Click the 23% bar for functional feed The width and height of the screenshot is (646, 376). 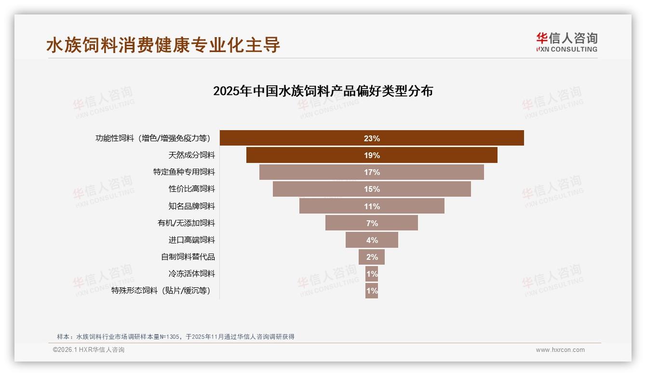pyautogui.click(x=372, y=138)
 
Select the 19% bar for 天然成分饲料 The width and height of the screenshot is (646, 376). pyautogui.click(x=372, y=155)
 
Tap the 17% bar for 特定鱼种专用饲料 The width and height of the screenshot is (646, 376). pyautogui.click(x=372, y=172)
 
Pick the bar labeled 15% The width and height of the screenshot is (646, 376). pyautogui.click(x=372, y=189)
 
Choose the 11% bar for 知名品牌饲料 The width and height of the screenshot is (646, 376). pyautogui.click(x=372, y=206)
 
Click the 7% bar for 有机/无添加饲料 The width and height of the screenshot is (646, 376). pyautogui.click(x=372, y=223)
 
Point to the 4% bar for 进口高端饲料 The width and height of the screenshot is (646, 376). pyautogui.click(x=372, y=240)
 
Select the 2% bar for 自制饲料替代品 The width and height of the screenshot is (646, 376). pyautogui.click(x=372, y=257)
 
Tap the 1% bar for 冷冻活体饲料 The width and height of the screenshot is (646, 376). pyautogui.click(x=372, y=274)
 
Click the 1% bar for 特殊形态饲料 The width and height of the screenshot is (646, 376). pyautogui.click(x=372, y=291)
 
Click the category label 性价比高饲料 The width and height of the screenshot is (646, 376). pyautogui.click(x=191, y=189)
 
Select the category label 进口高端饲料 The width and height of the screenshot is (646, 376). pyautogui.click(x=191, y=240)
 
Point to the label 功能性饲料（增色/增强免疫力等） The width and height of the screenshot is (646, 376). pyautogui.click(x=153, y=138)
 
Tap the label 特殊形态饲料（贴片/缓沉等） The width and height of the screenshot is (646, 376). pyautogui.click(x=161, y=291)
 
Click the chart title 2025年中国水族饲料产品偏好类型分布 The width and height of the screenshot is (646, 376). pyautogui.click(x=323, y=91)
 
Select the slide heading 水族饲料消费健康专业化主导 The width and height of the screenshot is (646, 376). pyautogui.click(x=163, y=45)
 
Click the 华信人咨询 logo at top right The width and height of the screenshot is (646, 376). pyautogui.click(x=566, y=42)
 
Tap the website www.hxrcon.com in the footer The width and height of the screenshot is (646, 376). pyautogui.click(x=560, y=350)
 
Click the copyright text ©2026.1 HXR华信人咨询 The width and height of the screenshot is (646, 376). pyautogui.click(x=89, y=350)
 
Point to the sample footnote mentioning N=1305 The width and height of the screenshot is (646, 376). pyautogui.click(x=175, y=337)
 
